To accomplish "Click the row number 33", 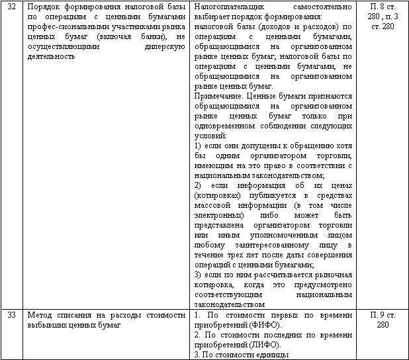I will pos(11,316).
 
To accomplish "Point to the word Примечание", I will pos(220,96).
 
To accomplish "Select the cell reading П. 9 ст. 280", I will pos(383,320).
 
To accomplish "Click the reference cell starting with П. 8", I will pos(383,15).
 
